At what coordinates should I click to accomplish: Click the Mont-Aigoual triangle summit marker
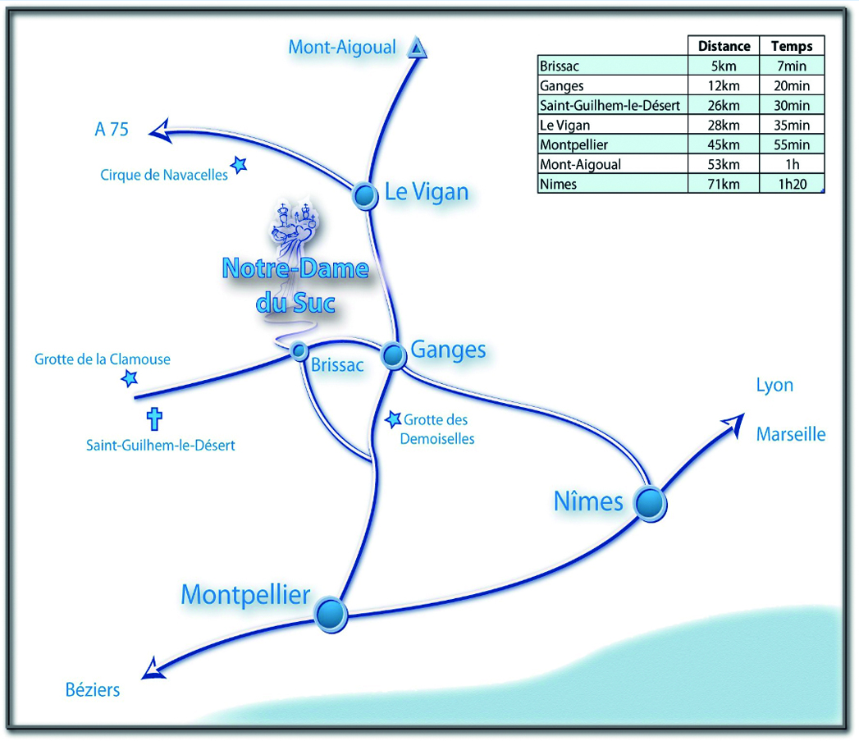coord(418,49)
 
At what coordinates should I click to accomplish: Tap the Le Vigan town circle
coord(364,195)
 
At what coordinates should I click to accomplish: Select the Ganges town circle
coord(394,354)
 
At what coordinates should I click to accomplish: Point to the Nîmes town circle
coord(650,502)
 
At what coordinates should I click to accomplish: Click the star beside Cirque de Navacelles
coord(239,165)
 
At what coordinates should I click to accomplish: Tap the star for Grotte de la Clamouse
coord(129,378)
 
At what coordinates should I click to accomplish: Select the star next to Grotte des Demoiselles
coord(394,419)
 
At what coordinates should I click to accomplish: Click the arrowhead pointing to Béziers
coord(153,670)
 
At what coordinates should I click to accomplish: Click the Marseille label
coord(790,434)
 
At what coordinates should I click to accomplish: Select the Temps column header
coord(792,46)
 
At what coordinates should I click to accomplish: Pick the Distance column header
coord(724,46)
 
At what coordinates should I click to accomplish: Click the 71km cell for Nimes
coord(724,184)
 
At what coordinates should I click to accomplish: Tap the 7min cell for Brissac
coord(792,66)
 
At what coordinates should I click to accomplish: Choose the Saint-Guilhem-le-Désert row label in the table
coord(610,105)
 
